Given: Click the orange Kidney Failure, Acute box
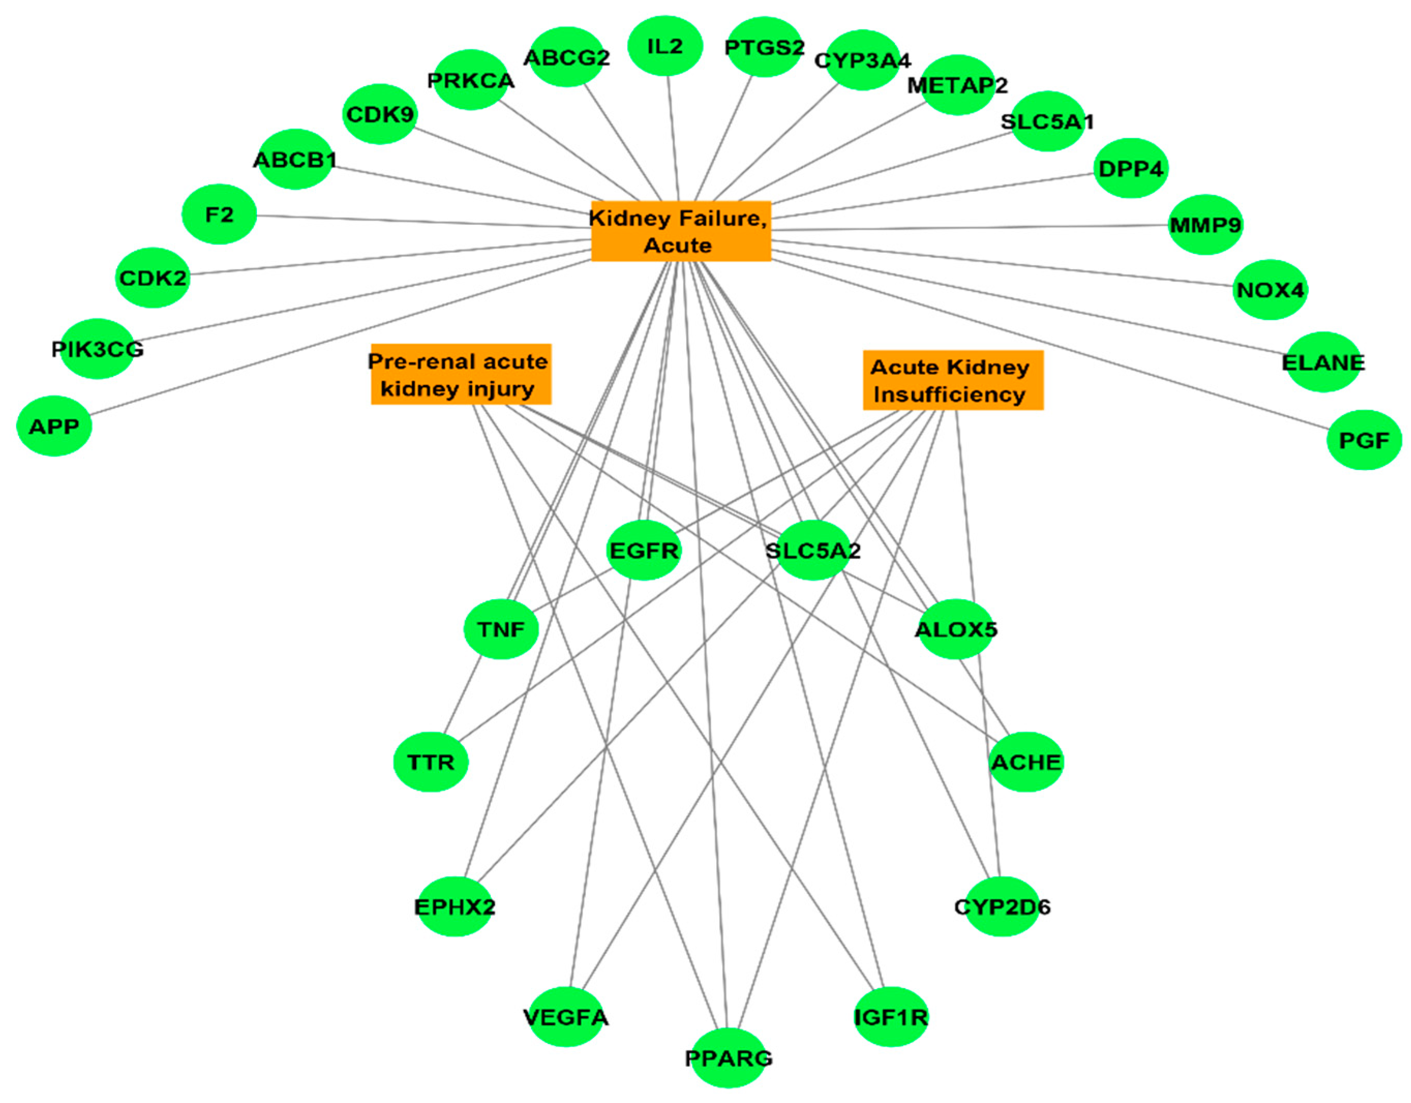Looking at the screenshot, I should pos(680,231).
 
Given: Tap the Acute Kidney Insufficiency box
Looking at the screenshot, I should pos(952,380).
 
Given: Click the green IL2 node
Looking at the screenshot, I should pos(665,46).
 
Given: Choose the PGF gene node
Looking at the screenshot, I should pos(1364,440).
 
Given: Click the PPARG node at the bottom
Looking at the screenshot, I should pos(728,1058).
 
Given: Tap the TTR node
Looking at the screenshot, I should pos(430,762).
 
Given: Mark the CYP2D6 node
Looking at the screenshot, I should pos(1002,906).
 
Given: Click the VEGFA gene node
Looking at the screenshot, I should pos(566,1017).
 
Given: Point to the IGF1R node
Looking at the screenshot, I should pos(891,1017).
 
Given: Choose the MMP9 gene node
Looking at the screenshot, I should pos(1205,224).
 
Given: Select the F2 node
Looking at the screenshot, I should pos(219,214).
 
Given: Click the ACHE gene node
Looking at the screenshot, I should pos(1026,762).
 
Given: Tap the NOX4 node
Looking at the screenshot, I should pos(1269,290).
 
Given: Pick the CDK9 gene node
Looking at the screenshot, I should pos(379,114).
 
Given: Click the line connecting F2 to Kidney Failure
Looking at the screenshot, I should pos(420,221).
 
